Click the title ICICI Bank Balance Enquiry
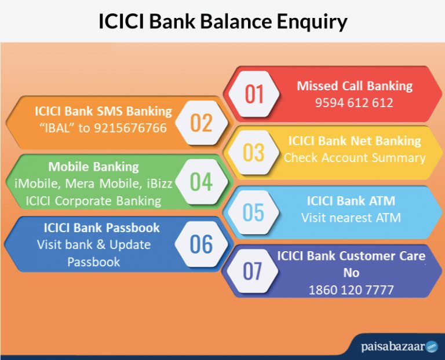[222, 21]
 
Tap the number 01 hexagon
[254, 94]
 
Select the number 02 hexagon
[201, 123]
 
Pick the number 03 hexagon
[254, 153]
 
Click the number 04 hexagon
[201, 182]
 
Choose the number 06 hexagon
[201, 244]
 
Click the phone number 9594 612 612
[354, 102]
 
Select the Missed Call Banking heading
[355, 86]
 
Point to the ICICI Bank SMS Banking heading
[103, 111]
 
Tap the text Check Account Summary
[355, 157]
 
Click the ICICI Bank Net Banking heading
[355, 141]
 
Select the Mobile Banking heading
[93, 167]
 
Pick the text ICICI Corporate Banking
[89, 201]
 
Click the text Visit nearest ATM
[351, 218]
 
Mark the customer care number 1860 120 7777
[351, 289]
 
